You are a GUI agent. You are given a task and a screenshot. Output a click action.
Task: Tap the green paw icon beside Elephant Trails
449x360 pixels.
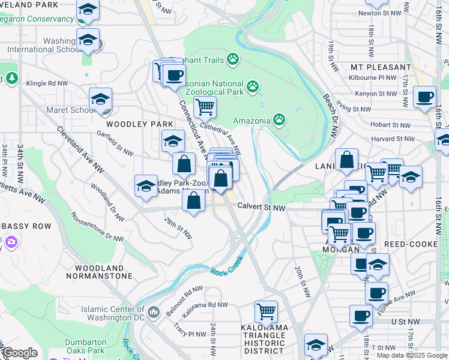[x=232, y=59]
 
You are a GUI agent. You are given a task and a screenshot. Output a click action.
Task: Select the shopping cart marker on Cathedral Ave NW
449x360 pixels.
[x=205, y=107]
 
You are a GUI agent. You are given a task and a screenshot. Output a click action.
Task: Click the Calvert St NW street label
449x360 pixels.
[x=261, y=207]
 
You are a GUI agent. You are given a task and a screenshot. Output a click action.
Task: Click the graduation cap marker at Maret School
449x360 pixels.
[x=101, y=99]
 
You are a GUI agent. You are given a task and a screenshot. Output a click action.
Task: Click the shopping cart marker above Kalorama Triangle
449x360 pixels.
[x=266, y=311]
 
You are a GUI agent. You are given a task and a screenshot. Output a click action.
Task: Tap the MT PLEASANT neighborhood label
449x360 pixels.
[x=381, y=67]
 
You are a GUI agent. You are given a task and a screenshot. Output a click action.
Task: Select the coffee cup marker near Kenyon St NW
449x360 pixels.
[x=425, y=96]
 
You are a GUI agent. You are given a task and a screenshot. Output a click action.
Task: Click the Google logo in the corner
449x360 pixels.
[x=19, y=353]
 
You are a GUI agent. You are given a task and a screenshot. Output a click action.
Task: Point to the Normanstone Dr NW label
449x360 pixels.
[x=97, y=226]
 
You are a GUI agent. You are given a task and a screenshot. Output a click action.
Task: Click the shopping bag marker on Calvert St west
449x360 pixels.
[x=193, y=201]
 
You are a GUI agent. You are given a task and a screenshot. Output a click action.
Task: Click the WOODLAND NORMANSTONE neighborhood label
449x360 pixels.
[x=103, y=272]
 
